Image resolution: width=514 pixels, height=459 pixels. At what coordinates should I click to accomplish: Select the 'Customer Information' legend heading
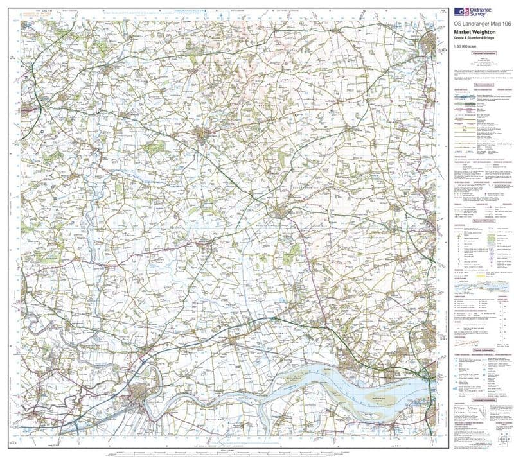(x=483, y=55)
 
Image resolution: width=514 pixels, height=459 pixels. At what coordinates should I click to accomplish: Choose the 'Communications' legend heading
(x=483, y=85)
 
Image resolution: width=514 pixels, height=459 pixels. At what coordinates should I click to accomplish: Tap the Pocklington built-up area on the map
(x=204, y=135)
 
